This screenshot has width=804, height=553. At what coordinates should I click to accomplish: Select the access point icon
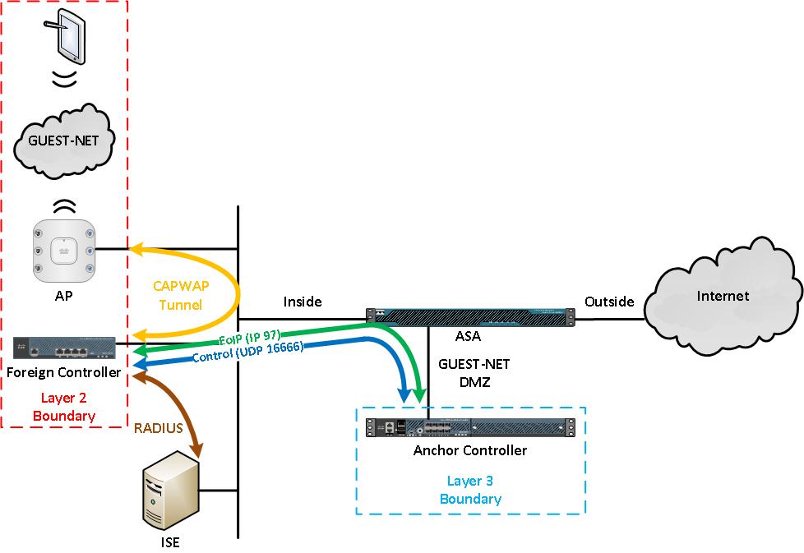coord(63,248)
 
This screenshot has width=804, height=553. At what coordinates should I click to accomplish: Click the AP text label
coord(63,296)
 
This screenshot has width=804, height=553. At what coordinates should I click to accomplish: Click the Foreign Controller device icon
coord(64,349)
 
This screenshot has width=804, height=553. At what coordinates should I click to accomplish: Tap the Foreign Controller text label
coord(63,372)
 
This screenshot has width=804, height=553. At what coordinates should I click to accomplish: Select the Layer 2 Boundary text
coord(63,406)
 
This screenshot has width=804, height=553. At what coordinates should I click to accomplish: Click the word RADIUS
coord(159,427)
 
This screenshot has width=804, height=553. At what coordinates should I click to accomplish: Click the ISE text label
coord(169,542)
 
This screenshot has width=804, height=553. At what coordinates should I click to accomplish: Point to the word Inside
coord(303,302)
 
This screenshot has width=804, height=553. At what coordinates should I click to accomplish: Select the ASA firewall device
coord(469,315)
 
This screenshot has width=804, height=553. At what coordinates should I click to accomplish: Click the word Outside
coord(609,302)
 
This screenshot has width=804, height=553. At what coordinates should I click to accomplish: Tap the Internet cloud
coord(722,297)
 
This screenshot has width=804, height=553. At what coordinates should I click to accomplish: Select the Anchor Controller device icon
coord(469,428)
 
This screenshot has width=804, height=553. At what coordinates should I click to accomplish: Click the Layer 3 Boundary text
coord(470,490)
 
